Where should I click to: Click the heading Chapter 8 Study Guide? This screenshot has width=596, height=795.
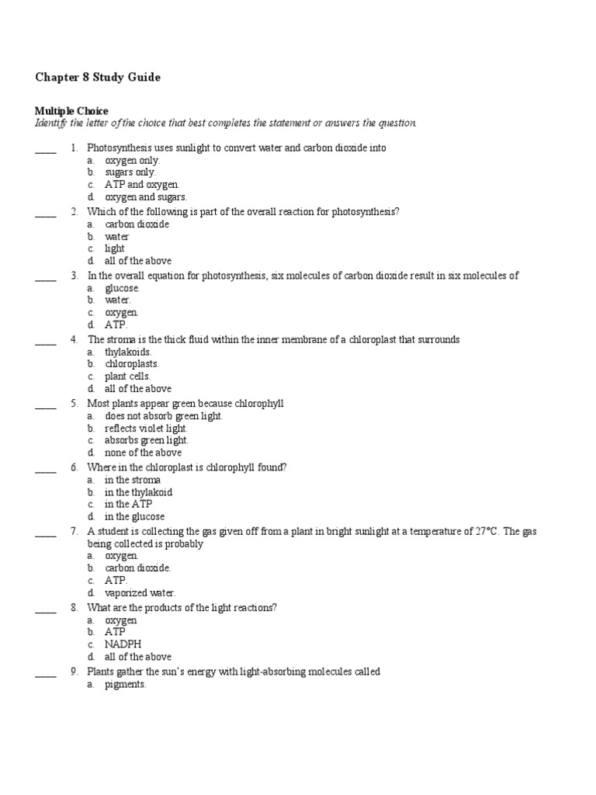point(98,78)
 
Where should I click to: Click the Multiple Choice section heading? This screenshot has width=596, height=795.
point(71,111)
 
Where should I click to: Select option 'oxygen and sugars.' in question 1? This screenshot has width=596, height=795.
point(146,197)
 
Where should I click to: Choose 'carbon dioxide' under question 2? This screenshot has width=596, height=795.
point(137,224)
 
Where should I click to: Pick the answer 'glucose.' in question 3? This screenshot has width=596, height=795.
point(122,288)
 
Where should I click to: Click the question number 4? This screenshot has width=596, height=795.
point(74,339)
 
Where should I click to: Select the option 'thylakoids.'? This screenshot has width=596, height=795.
point(127,352)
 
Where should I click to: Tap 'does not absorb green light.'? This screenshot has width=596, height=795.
point(164,416)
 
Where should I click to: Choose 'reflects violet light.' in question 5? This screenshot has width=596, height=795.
point(146,428)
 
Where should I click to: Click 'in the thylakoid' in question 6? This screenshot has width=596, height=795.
point(138,492)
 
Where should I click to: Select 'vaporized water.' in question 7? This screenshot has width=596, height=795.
point(140,593)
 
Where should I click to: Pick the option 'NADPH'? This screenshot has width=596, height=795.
point(123,644)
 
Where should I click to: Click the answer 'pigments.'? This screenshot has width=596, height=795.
point(126,685)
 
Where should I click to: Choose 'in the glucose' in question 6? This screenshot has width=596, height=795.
point(134,516)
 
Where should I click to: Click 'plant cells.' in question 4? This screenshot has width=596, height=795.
point(128,377)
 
